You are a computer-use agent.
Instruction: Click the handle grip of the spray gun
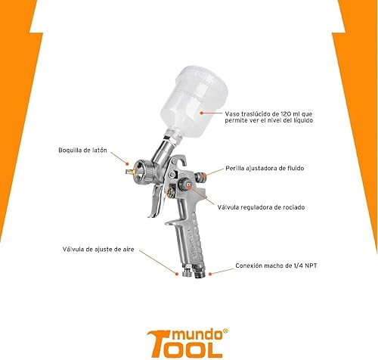(187, 242)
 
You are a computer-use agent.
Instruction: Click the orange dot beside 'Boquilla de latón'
(125, 160)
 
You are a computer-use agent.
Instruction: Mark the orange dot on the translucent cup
(201, 111)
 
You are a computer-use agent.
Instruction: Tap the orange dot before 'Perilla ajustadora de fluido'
(221, 168)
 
